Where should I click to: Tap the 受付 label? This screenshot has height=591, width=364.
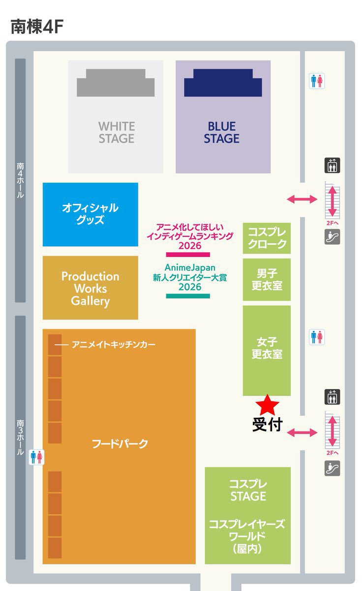267,424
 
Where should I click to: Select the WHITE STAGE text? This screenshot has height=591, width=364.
116,132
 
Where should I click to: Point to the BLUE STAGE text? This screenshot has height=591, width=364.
221,132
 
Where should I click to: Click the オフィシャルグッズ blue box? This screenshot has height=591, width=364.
90,214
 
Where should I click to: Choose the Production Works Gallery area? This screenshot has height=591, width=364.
90,288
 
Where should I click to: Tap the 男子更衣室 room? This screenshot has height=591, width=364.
267,279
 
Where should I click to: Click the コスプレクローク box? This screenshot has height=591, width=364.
267,238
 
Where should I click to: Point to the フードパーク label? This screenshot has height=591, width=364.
120,444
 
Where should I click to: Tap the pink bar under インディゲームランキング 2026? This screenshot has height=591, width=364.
188,255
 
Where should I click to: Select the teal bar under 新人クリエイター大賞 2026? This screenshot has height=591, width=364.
188,296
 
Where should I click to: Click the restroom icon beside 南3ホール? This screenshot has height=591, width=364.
37,457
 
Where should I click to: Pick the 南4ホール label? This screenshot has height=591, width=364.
20,180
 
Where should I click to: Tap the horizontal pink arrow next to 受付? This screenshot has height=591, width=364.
302,433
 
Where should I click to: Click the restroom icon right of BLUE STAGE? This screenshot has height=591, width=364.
317,81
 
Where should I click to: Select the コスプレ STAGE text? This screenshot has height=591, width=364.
248,490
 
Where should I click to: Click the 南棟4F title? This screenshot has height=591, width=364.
37,27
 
